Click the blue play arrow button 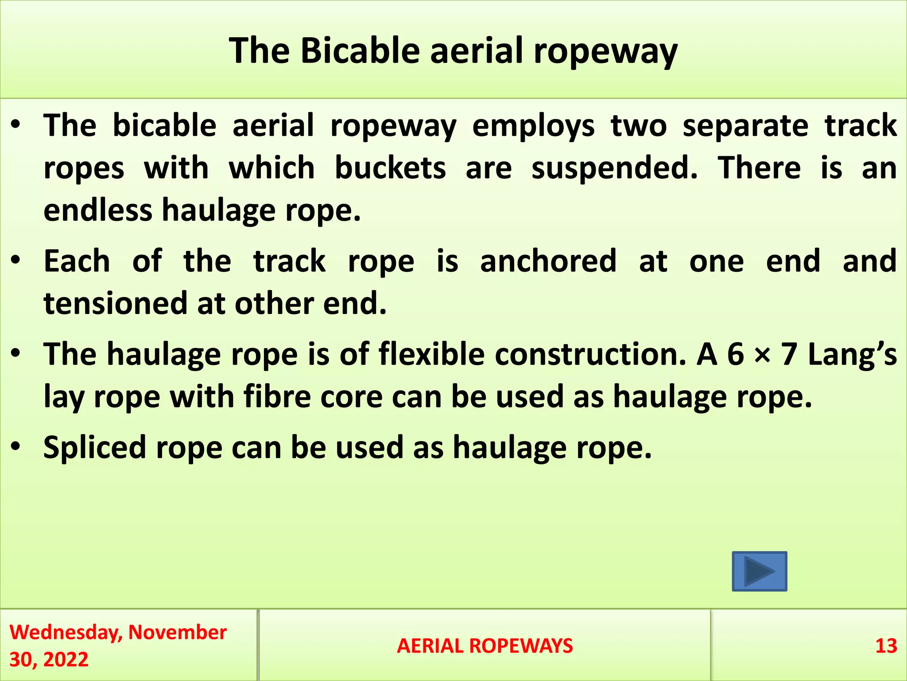(759, 571)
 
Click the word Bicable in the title (360, 51)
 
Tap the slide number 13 (886, 646)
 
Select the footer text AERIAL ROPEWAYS (485, 646)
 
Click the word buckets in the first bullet (390, 168)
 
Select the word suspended (614, 168)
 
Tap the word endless (97, 210)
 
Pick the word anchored (548, 261)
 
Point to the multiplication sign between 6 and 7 (762, 354)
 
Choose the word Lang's (852, 354)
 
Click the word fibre (277, 396)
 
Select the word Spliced (94, 447)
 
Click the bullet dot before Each (16, 261)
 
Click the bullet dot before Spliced (16, 447)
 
